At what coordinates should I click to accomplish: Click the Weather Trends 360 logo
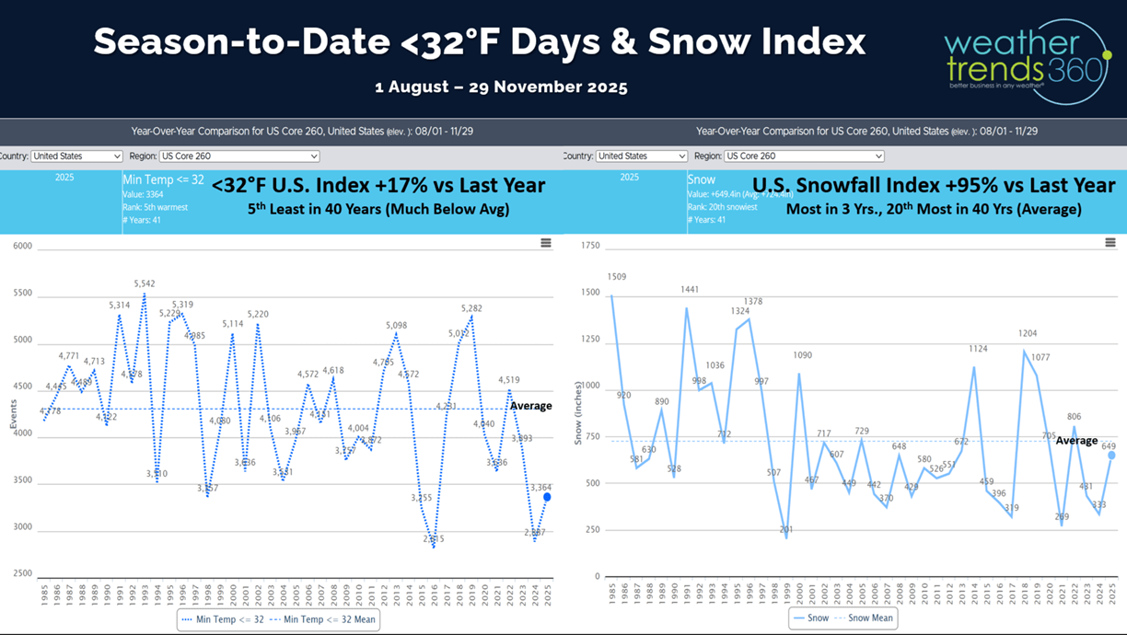pos(1027,61)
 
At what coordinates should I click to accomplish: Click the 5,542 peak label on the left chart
pos(145,284)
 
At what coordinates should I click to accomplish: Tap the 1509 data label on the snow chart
pos(616,277)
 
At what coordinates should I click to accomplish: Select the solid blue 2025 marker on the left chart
pos(547,497)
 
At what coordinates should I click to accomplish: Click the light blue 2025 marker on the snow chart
pos(1111,455)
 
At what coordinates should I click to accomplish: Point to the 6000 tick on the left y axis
pos(22,247)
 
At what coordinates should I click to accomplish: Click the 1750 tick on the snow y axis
pos(590,247)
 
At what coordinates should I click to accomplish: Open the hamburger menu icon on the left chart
pos(546,243)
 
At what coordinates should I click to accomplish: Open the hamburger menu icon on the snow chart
pos(1110,243)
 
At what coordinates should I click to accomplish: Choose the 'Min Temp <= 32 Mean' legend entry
pos(329,619)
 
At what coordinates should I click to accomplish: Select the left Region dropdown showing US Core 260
pos(238,156)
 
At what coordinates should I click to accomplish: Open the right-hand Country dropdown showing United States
pos(641,156)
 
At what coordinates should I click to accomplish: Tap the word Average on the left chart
pos(530,406)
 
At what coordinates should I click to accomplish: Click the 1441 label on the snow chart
pos(689,290)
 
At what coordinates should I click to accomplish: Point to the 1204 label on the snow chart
pos(1028,333)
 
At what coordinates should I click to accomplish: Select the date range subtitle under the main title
pos(501,87)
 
